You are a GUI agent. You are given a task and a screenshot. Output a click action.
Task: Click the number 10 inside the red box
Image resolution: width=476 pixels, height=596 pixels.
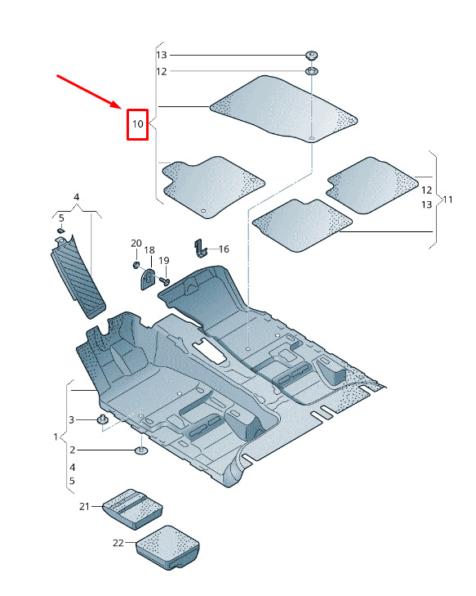(x=137, y=124)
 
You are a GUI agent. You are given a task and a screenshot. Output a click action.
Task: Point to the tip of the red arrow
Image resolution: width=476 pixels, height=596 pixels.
(x=121, y=109)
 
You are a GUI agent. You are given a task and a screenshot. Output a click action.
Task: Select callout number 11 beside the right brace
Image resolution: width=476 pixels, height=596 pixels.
(x=448, y=199)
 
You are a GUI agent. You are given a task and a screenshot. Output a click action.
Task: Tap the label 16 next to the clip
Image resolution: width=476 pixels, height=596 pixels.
(x=224, y=249)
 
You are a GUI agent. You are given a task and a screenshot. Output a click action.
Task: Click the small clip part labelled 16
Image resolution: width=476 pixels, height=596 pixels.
(x=200, y=249)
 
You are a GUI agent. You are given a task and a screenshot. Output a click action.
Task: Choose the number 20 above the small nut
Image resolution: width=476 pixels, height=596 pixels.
(x=136, y=244)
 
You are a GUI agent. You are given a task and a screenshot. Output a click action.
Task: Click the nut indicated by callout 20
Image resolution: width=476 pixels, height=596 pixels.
(x=136, y=265)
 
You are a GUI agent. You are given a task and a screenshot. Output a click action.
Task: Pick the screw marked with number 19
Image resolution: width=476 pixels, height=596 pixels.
(x=164, y=281)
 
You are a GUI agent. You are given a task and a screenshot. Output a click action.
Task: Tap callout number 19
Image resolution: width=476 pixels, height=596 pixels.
(x=164, y=261)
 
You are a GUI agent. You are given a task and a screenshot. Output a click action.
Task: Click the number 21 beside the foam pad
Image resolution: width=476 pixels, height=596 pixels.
(x=84, y=506)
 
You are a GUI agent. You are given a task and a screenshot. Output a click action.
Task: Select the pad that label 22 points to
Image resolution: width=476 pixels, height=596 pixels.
(x=167, y=547)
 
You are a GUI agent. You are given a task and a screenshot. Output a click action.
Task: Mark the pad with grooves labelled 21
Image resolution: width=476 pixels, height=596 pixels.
(x=132, y=509)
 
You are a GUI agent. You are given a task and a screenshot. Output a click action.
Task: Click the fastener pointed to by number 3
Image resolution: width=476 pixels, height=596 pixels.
(x=102, y=419)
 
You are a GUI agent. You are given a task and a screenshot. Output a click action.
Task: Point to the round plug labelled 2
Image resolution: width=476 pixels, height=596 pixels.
(x=141, y=450)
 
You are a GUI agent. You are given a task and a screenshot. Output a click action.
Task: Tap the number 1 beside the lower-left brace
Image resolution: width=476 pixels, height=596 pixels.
(x=56, y=437)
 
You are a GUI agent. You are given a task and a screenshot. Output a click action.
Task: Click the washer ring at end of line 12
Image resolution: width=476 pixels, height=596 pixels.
(x=311, y=71)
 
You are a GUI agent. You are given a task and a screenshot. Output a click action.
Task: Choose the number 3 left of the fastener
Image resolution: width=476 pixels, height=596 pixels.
(x=71, y=420)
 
